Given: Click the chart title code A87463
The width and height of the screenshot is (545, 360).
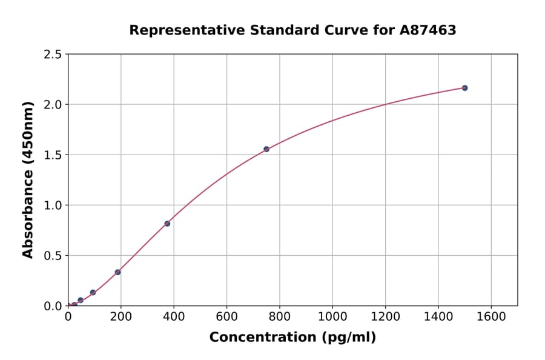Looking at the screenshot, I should coord(428,30).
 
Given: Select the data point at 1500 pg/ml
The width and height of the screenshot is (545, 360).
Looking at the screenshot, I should coord(464,88).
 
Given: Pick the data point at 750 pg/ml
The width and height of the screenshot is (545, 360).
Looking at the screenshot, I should coord(266,149).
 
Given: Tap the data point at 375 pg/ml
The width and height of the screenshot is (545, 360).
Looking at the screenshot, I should coord(167,224).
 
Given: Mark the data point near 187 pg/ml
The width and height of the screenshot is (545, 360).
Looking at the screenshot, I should coord(117,272).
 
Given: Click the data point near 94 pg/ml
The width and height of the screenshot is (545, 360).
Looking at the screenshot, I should coord(93,292).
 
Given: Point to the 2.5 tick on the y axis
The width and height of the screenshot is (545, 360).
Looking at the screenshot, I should coord(52,55).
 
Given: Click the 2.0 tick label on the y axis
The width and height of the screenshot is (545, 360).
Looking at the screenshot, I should coord(52,105).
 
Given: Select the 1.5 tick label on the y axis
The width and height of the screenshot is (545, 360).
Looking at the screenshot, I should coord(52,155).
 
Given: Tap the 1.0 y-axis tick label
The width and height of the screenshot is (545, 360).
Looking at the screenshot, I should coord(52,205).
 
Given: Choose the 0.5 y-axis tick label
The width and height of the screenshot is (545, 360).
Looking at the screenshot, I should coord(52,256).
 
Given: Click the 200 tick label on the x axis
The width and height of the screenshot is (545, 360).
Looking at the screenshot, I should coord(121,316).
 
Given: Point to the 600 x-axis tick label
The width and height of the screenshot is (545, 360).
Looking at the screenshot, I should coord(226,316).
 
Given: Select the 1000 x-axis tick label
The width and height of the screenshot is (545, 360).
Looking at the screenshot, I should coord(332,316).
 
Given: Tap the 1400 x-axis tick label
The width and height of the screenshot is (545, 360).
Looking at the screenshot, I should coord(438,316).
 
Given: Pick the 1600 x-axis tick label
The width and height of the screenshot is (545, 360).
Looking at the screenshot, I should coord(491,316).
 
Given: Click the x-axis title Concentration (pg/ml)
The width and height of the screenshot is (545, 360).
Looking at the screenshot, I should coord(292,338).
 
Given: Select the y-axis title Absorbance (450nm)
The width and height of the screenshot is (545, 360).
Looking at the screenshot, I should coord(28,180).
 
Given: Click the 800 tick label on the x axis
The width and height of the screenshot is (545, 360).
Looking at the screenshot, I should coord(279,316).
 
